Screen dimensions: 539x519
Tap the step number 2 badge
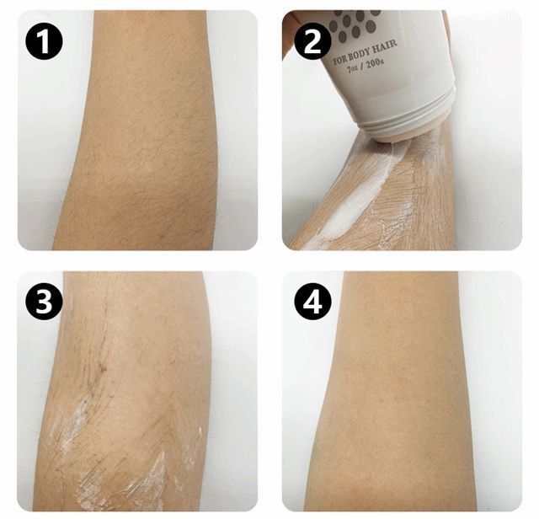[312, 42]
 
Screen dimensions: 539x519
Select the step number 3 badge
[44, 302]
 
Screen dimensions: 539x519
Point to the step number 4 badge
[312, 302]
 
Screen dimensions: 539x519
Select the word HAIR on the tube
[386, 45]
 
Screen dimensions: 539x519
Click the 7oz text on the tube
[352, 68]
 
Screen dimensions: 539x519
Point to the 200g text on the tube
[375, 63]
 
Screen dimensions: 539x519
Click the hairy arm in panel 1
[137, 131]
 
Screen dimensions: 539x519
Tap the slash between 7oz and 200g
[361, 67]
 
